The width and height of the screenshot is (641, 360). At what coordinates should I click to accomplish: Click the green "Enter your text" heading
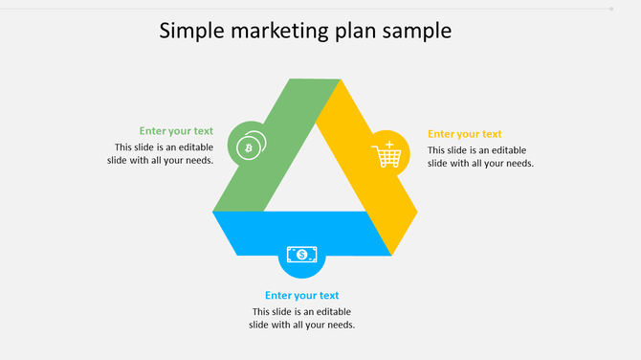[x=176, y=131]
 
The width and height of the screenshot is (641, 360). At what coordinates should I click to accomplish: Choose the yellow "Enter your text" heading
[x=464, y=134]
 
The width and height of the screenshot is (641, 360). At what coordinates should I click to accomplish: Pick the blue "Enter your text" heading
[x=302, y=296]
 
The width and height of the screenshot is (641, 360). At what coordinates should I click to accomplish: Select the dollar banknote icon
[x=302, y=255]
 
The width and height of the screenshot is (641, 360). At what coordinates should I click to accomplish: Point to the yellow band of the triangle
[x=373, y=191]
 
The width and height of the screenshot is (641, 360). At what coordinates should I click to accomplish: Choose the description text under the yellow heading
[x=479, y=156]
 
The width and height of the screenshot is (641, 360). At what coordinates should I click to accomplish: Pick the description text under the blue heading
[x=302, y=318]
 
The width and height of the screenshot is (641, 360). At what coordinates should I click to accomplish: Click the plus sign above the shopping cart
[x=390, y=144]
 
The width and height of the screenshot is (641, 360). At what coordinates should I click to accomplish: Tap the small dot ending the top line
[x=611, y=9]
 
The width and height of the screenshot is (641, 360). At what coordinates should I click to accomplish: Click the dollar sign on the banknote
[x=302, y=255]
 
